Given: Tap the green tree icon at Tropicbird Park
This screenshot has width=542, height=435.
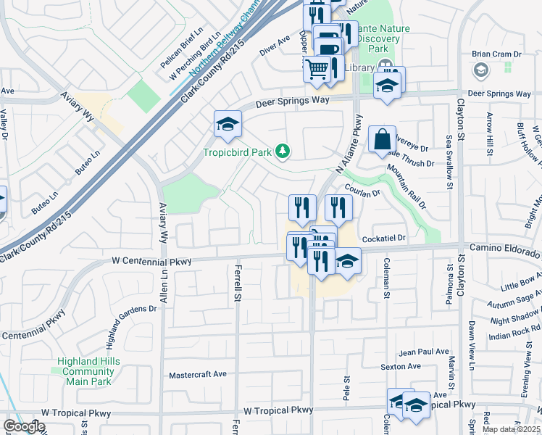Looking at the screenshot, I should (x=283, y=152).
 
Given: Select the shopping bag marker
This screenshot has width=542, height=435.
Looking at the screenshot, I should (x=382, y=139).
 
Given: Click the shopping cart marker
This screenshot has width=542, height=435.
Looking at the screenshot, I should (x=317, y=70).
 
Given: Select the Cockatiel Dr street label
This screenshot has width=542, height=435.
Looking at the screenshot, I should (x=383, y=238).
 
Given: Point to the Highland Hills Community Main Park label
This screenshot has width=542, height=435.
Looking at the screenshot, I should (x=86, y=371).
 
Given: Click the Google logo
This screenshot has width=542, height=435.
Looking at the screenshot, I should (x=25, y=426).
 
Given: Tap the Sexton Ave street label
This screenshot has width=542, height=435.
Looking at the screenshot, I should (x=401, y=367).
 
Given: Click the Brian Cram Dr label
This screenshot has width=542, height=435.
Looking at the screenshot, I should (x=497, y=54).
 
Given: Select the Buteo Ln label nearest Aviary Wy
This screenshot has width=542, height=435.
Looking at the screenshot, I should (x=88, y=165).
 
